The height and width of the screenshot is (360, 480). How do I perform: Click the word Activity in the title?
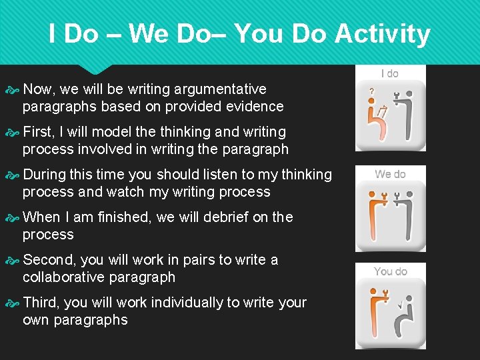pyautogui.click(x=382, y=33)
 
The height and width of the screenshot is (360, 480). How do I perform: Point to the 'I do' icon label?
pyautogui.click(x=390, y=73)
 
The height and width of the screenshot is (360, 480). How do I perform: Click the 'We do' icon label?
pyautogui.click(x=390, y=174)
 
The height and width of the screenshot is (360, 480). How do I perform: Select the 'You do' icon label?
pyautogui.click(x=390, y=271)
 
